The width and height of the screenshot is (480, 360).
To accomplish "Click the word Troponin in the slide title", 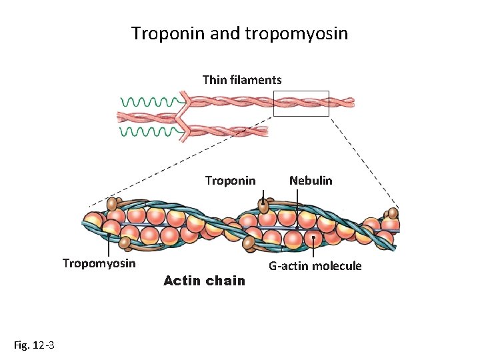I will [168, 33].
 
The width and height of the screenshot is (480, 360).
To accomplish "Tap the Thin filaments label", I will [242, 80].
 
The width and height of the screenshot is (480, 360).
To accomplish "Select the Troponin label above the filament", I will [230, 181].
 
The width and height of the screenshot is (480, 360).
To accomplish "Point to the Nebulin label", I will [311, 181].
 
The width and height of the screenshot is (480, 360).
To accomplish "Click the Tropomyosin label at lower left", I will [99, 263].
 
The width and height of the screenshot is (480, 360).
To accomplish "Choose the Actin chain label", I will [204, 281].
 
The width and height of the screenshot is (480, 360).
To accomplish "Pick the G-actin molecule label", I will [315, 266].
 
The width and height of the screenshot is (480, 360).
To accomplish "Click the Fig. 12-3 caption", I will [34, 345].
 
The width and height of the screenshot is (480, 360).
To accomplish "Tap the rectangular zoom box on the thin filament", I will [301, 103].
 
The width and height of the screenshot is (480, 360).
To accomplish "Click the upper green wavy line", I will [147, 102].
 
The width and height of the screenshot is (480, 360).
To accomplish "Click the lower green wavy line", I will [147, 132].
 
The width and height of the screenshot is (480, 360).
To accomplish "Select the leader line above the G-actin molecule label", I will [313, 247].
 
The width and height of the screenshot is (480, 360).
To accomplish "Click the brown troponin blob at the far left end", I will [113, 203].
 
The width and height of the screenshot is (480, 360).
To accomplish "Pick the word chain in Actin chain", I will [225, 281].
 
